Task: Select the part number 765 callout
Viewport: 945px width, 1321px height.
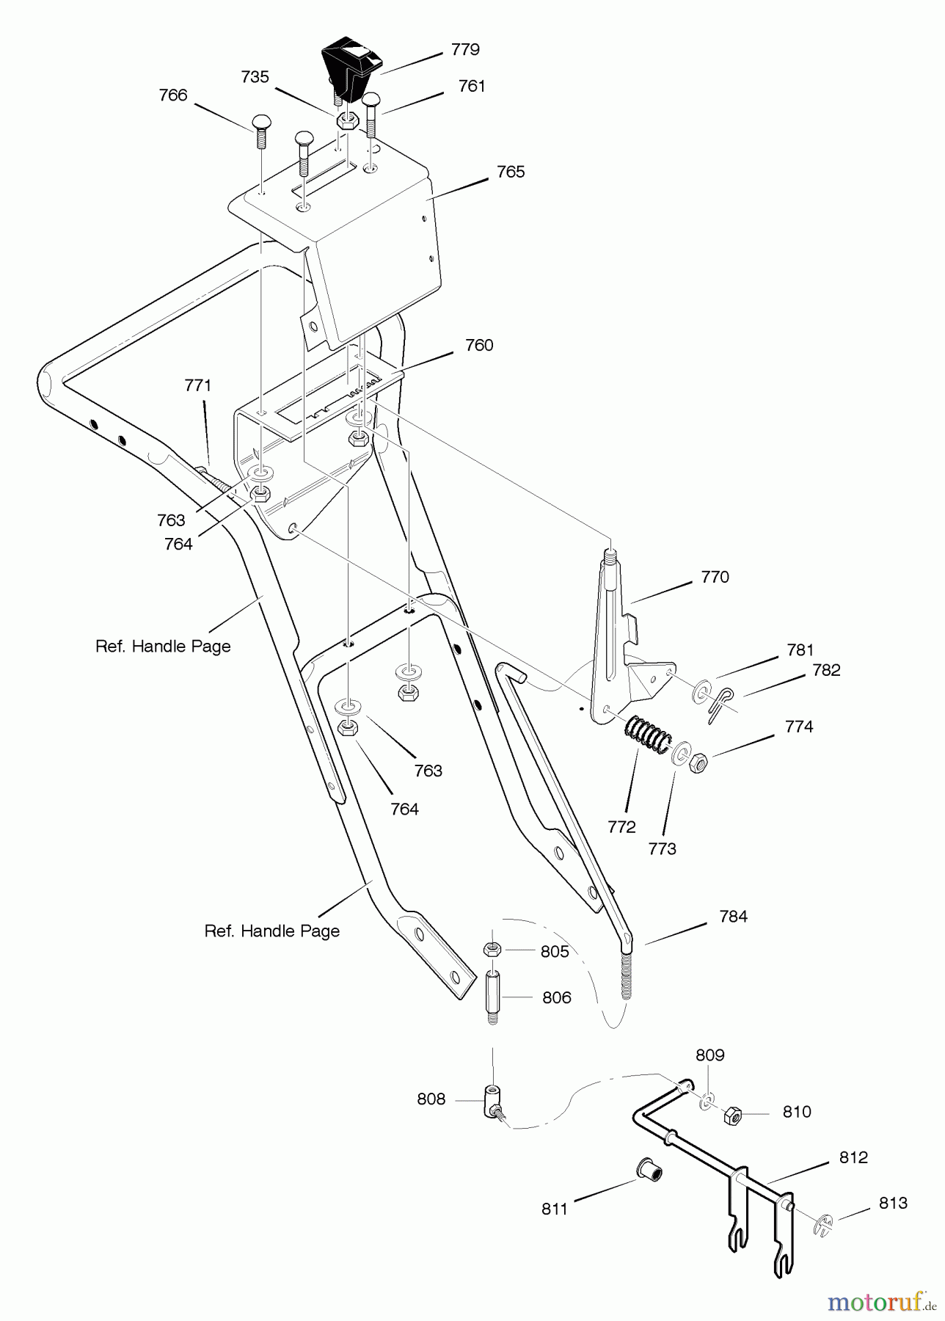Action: point(511,172)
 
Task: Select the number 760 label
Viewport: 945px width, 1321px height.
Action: point(479,345)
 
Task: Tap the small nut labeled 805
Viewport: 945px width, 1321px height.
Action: point(492,950)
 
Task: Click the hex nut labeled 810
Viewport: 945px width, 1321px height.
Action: point(732,1116)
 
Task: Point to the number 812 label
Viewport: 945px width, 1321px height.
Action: point(853,1157)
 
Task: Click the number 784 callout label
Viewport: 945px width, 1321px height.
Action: point(733,916)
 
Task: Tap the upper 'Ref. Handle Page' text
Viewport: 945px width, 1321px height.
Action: point(163,647)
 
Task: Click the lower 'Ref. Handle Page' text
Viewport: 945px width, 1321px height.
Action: point(271,931)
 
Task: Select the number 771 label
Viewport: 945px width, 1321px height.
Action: point(197,385)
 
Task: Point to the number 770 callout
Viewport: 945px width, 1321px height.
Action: point(715,577)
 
